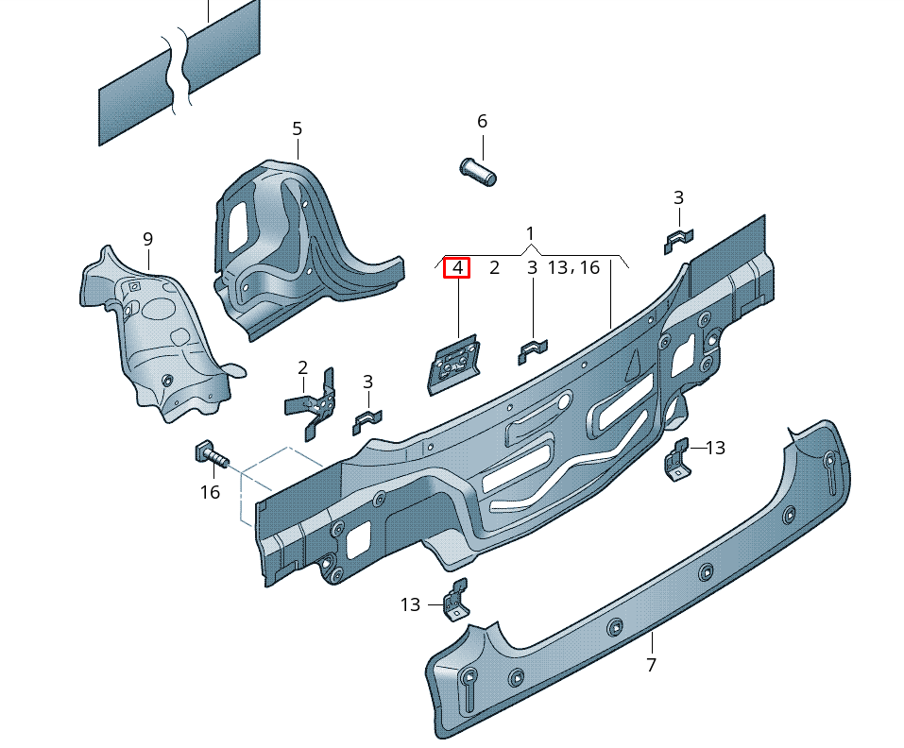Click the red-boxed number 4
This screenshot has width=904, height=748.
(457, 268)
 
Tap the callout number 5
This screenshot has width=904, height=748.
(297, 128)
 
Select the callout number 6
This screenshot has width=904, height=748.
(482, 121)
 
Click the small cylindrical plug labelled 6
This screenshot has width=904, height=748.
(478, 172)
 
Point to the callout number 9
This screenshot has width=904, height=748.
(147, 239)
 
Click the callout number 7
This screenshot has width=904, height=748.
(651, 665)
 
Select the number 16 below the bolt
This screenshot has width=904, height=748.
(210, 492)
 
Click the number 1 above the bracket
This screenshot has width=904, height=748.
(530, 233)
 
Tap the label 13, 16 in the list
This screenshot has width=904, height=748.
(573, 268)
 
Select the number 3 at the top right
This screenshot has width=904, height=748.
(678, 197)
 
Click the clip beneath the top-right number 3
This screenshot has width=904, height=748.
(678, 241)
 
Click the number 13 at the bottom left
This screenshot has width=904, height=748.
(410, 604)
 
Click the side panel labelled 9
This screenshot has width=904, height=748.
(151, 331)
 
